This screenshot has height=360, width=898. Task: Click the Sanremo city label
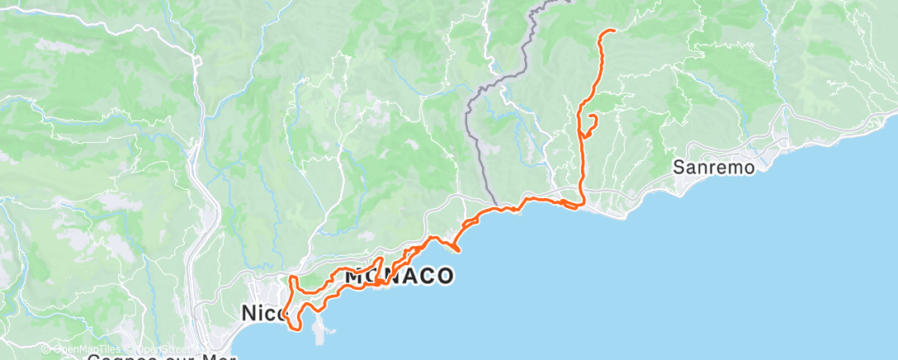pyautogui.click(x=714, y=167)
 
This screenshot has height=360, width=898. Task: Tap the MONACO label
pyautogui.click(x=399, y=276)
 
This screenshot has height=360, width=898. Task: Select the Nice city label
pyautogui.click(x=263, y=313)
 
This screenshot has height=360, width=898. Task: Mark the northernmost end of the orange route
pyautogui.click(x=614, y=31)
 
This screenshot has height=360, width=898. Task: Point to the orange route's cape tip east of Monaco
pyautogui.click(x=458, y=249)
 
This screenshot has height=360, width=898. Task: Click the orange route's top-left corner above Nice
pyautogui.click(x=291, y=277)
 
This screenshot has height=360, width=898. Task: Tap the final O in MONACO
pyautogui.click(x=444, y=276)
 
